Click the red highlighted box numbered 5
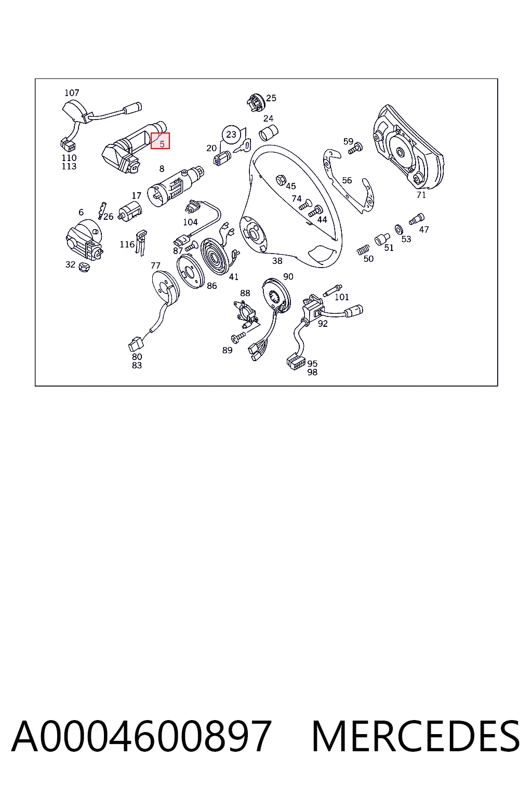click(x=160, y=141)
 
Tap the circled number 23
click(x=231, y=135)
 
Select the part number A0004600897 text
click(x=142, y=737)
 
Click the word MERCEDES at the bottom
click(x=416, y=737)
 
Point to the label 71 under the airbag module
click(x=421, y=195)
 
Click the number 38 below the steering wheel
click(x=277, y=261)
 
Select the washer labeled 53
click(x=398, y=230)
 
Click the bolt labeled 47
click(x=417, y=218)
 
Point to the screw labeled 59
click(x=355, y=148)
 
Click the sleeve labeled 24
click(x=269, y=133)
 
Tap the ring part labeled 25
click(x=255, y=102)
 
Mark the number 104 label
click(x=190, y=222)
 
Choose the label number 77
click(x=156, y=265)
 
